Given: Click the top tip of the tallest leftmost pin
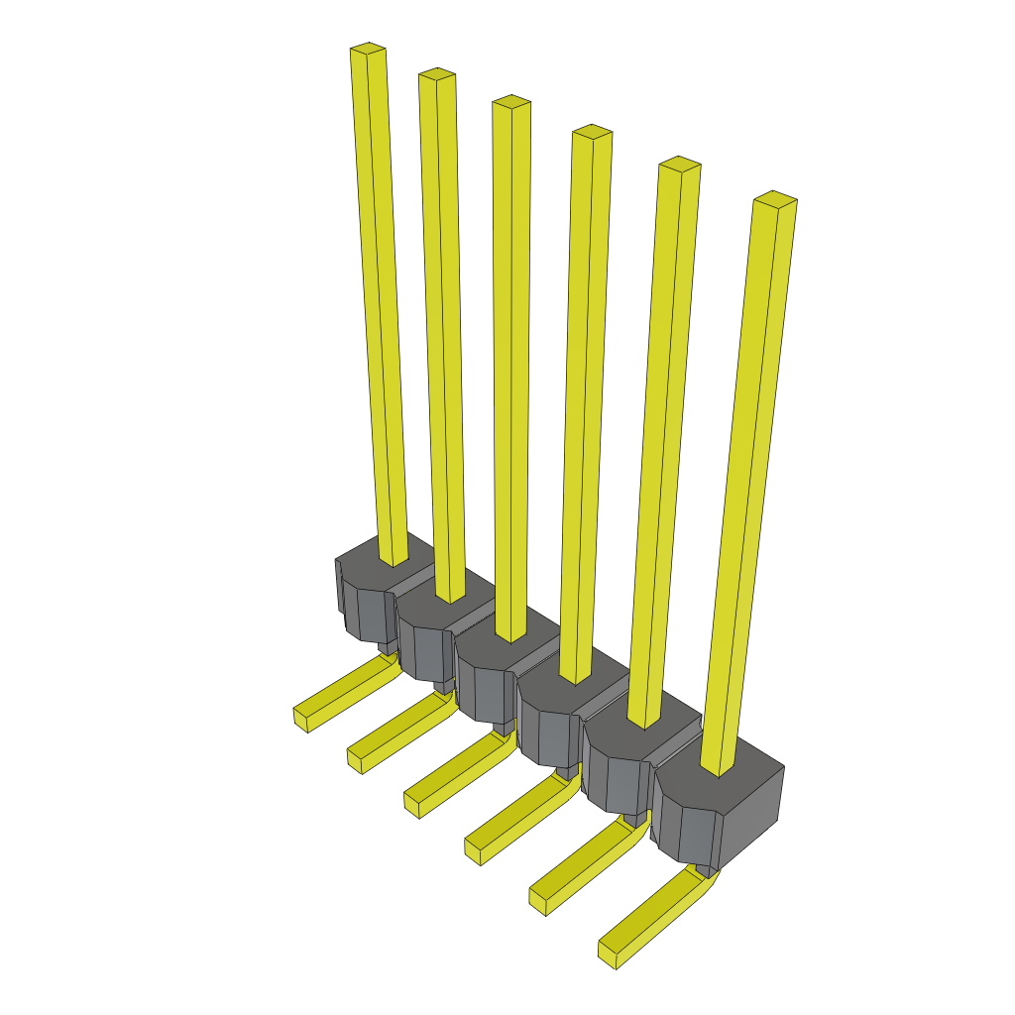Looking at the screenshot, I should [368, 49].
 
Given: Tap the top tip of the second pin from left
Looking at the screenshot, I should [436, 74].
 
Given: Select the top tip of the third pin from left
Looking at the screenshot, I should [511, 101].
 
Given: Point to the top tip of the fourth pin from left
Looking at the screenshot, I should [592, 131].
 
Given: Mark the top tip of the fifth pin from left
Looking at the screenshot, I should [680, 163].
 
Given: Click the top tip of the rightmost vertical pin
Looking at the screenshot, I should [775, 197].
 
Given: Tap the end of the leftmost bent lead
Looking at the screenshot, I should [302, 719].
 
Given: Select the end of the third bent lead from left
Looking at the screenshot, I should [412, 804].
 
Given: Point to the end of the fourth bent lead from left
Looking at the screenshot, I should [474, 848].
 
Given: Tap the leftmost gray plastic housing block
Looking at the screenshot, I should [365, 595].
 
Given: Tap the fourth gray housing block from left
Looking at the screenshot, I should [550, 724].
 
